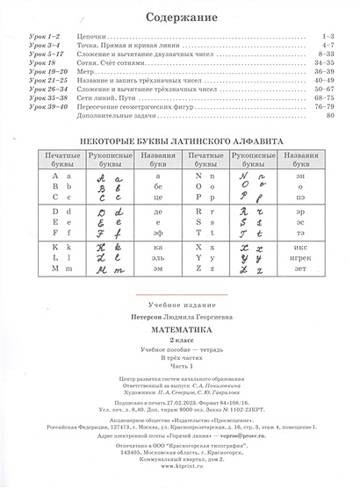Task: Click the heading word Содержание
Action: point(179,15)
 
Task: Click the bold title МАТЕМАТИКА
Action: point(179,333)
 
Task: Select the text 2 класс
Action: point(179,342)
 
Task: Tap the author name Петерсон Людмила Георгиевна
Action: point(179,321)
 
